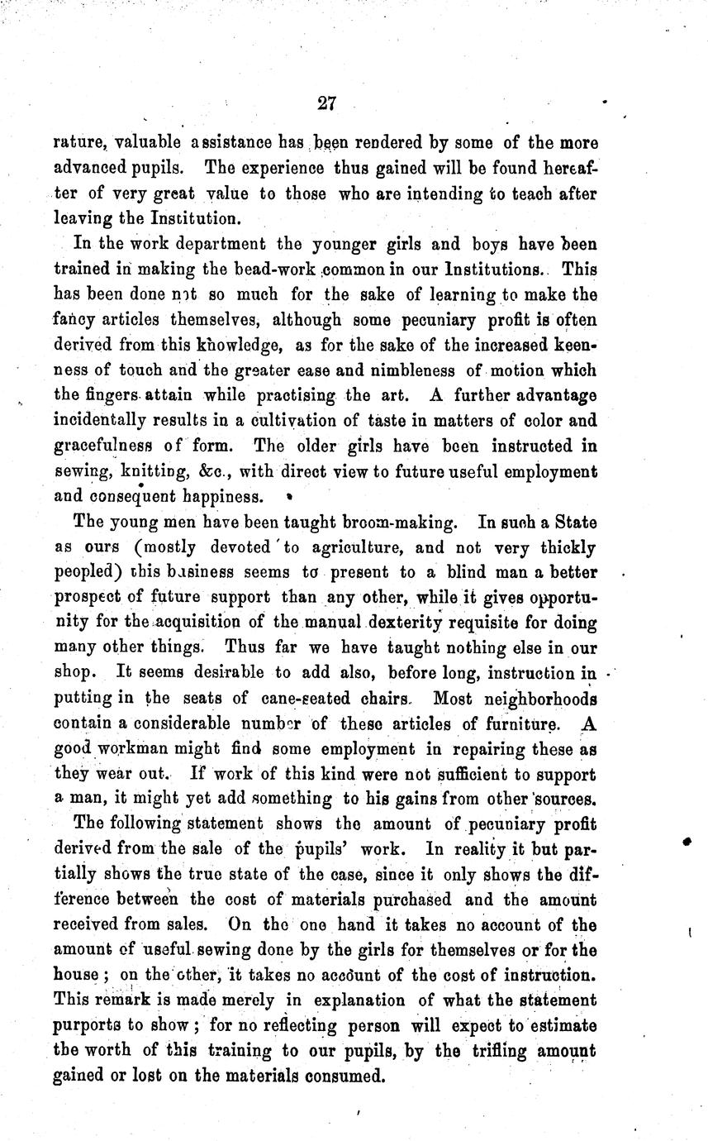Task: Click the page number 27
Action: [x=325, y=103]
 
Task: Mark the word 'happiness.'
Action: [x=216, y=497]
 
